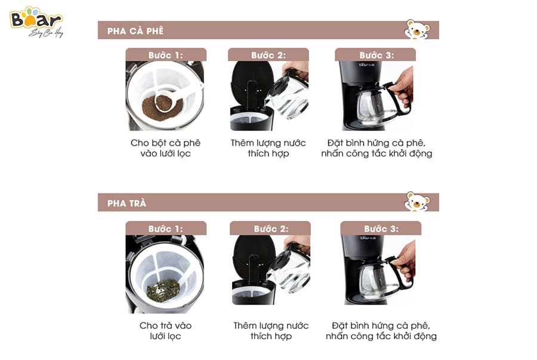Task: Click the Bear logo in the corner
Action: pos(36,21)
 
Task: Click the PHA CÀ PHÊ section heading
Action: pos(135,31)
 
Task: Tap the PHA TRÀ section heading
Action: pos(126,204)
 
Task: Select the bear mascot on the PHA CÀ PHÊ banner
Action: pos(417,29)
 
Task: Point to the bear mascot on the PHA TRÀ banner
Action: pos(417,201)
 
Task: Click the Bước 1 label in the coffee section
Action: pos(166,55)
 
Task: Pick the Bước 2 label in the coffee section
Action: pos(268,55)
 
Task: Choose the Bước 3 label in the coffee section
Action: pos(376,55)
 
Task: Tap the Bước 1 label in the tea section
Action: pos(166,229)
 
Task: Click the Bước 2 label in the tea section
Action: pos(271,229)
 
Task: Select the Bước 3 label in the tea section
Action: pos(381,229)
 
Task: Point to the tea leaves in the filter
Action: pos(163,290)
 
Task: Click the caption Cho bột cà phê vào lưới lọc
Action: pos(165,148)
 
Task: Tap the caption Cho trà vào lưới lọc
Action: pos(165,331)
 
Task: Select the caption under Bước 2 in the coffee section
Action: pos(268,148)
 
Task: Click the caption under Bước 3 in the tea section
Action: pos(381,331)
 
